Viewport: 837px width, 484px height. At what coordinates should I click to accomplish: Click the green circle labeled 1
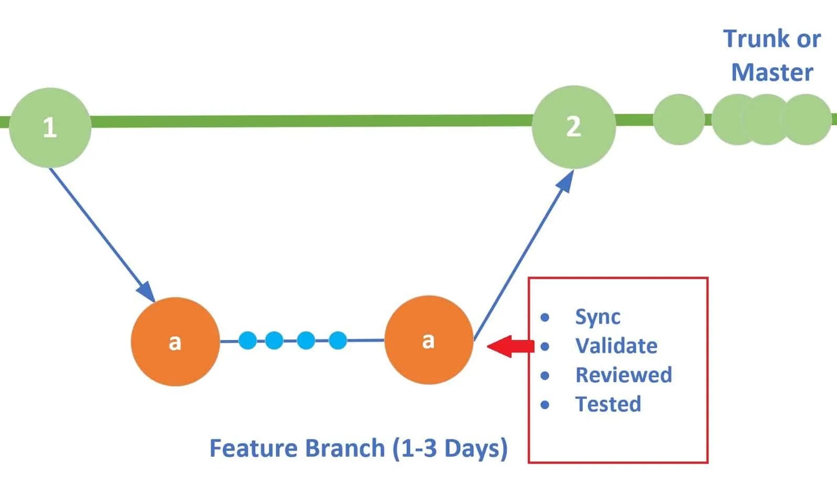50,127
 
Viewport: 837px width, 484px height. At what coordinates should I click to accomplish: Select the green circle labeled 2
573,127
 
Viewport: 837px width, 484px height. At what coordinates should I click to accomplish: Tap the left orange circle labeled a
175,342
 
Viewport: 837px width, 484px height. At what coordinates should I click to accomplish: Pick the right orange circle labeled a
429,340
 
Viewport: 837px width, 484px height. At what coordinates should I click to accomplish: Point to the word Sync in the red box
597,317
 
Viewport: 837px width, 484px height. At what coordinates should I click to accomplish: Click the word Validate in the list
616,346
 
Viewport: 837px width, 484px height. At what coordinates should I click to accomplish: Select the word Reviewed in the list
623,375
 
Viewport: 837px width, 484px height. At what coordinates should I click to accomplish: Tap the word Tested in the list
608,404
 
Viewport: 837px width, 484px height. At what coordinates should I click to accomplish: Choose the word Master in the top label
772,72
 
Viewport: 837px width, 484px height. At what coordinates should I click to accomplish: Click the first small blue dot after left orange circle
247,340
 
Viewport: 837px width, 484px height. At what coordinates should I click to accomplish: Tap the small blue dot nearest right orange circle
338,340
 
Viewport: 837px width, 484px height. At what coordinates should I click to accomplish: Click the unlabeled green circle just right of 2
679,119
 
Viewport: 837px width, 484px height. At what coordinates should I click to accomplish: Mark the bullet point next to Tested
545,405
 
